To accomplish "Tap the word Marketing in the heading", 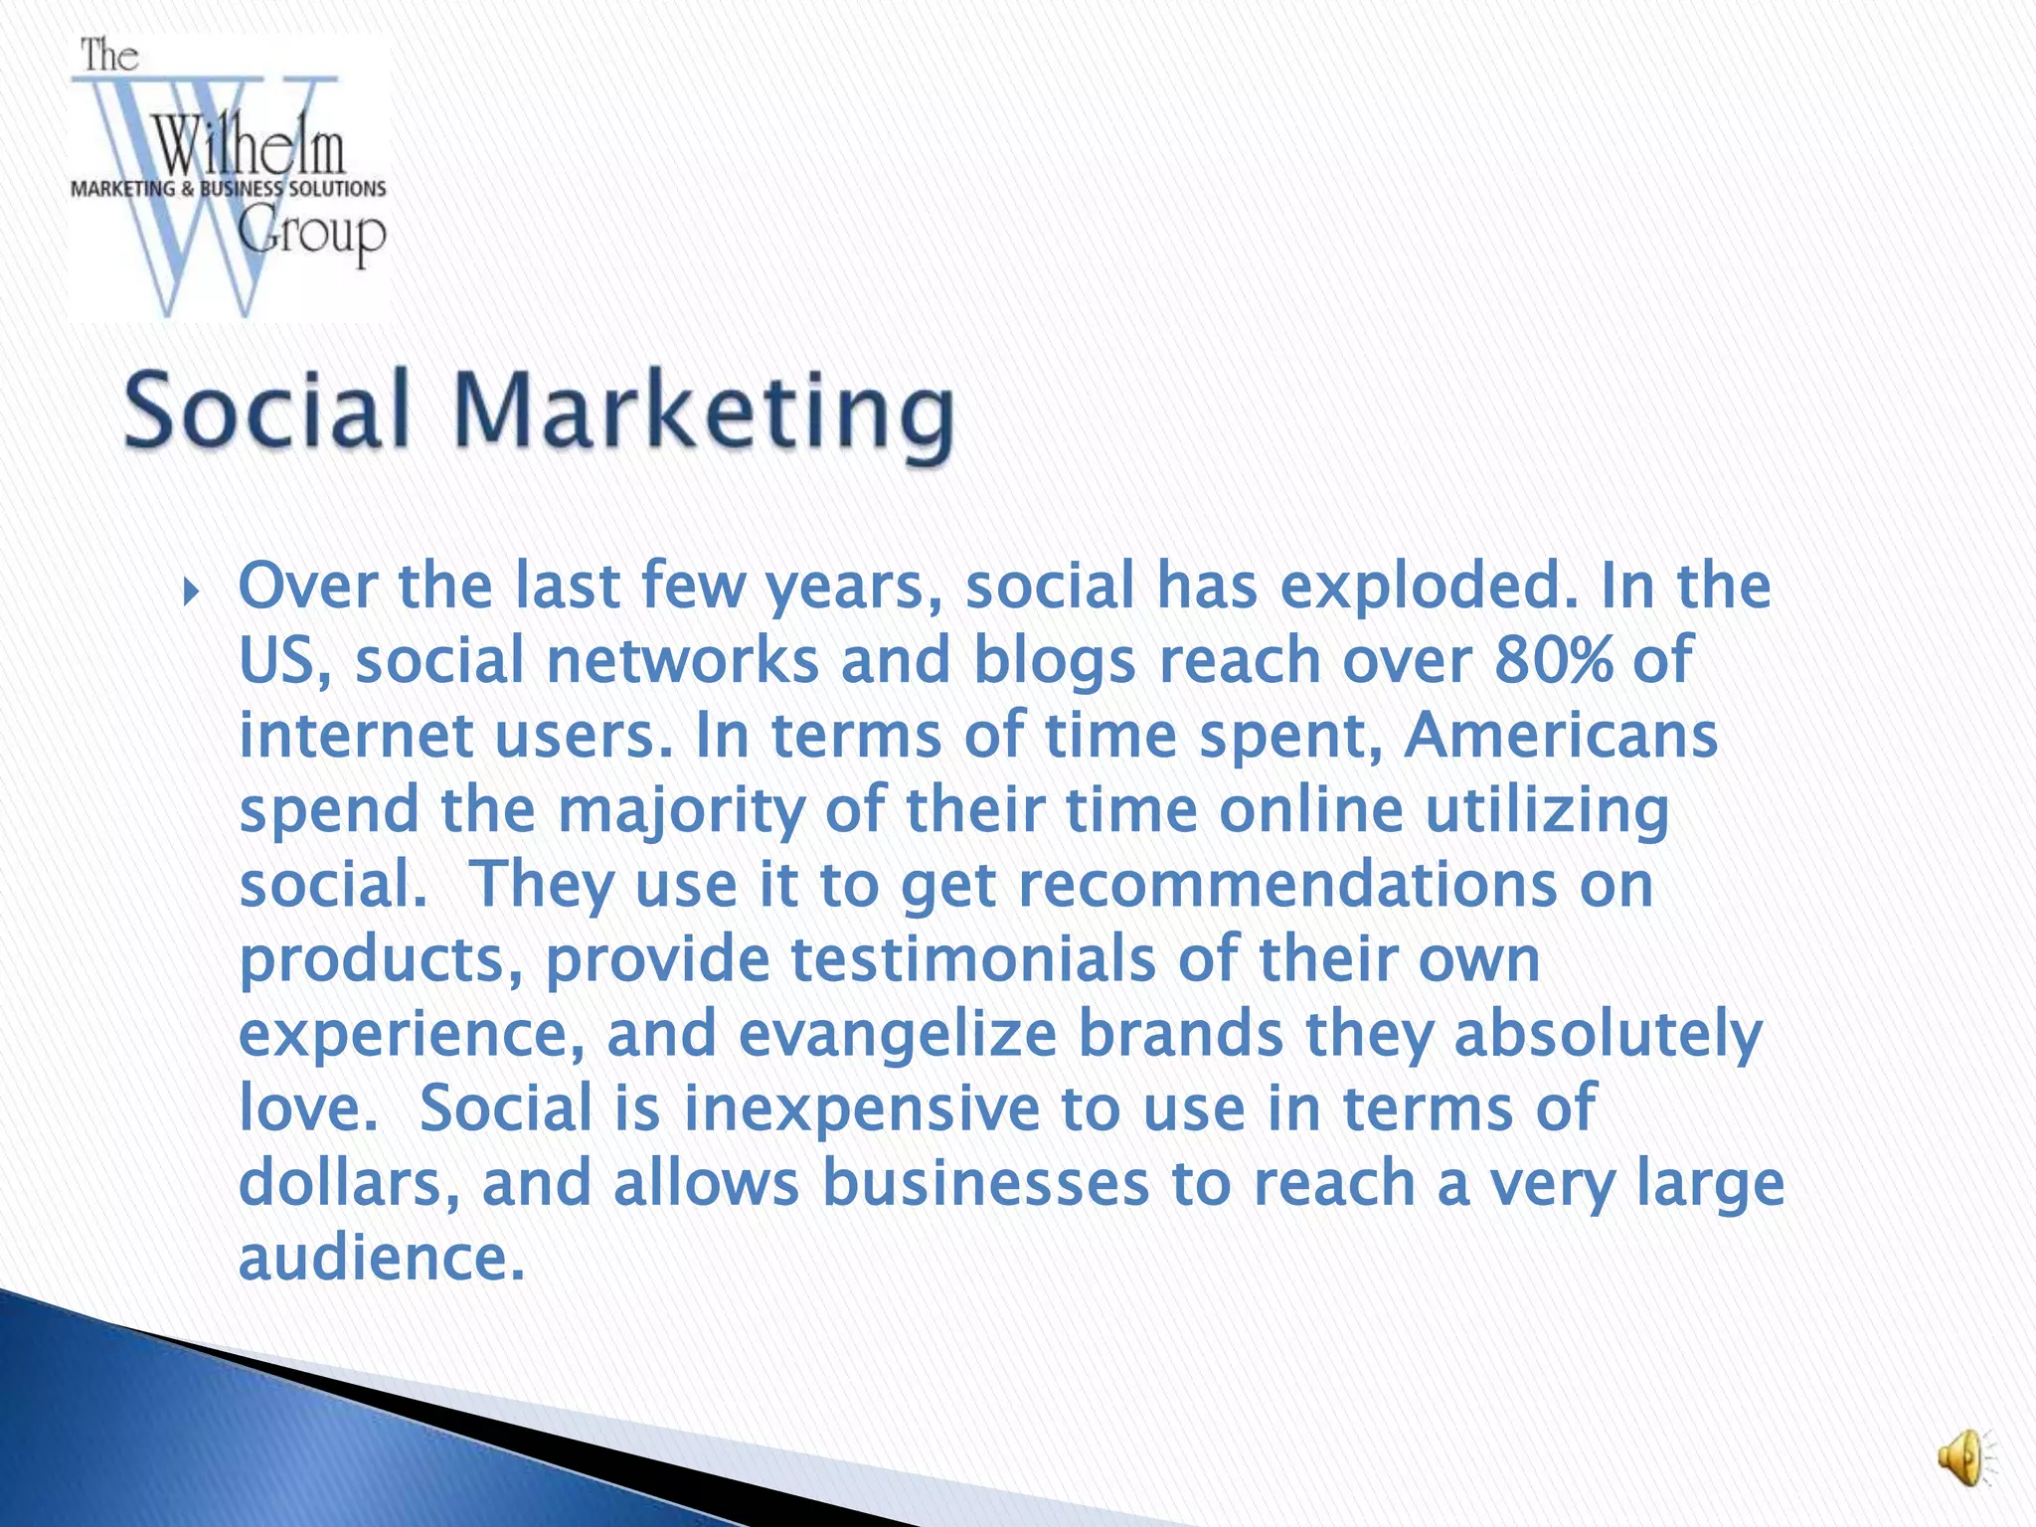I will click(x=704, y=414).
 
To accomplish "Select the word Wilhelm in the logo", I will click(x=250, y=147).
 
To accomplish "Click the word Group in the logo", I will click(x=312, y=236).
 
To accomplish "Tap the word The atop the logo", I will click(x=108, y=56).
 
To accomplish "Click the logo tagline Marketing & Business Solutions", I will click(x=228, y=189).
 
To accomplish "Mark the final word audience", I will click(x=381, y=1258).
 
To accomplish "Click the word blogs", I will click(x=1054, y=661).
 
